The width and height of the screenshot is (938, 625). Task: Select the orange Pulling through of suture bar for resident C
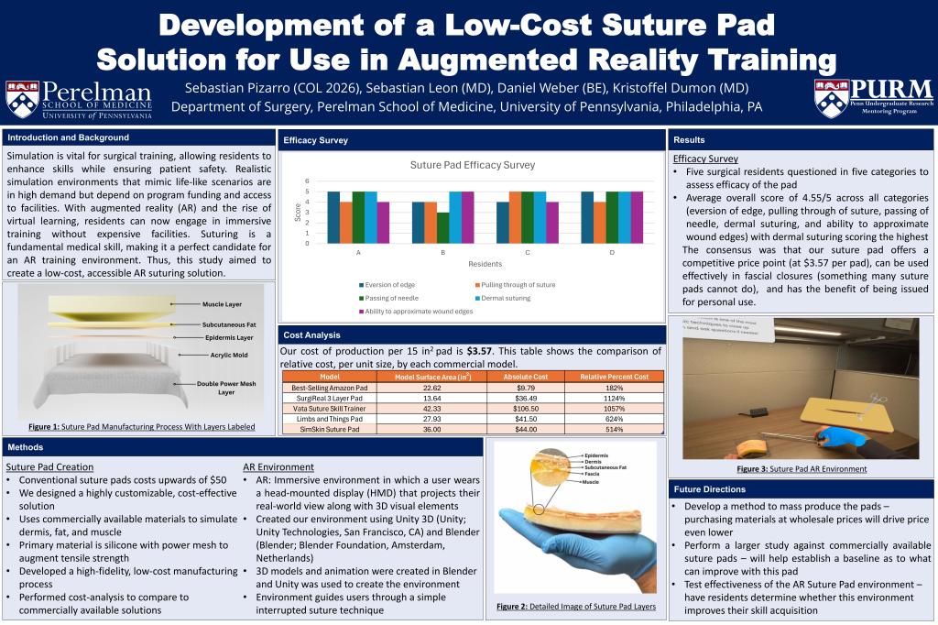[515, 217]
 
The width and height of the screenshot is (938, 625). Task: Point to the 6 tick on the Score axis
[308, 181]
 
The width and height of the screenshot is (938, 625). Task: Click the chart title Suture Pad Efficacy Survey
[473, 165]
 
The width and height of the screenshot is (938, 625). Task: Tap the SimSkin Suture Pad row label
[327, 428]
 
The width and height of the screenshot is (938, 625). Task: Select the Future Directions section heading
[708, 488]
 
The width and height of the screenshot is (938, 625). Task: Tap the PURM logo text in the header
[891, 89]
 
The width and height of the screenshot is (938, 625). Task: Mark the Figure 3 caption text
[802, 468]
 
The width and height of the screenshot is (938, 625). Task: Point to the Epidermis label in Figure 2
[596, 455]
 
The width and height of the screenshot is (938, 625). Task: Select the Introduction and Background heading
[68, 137]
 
